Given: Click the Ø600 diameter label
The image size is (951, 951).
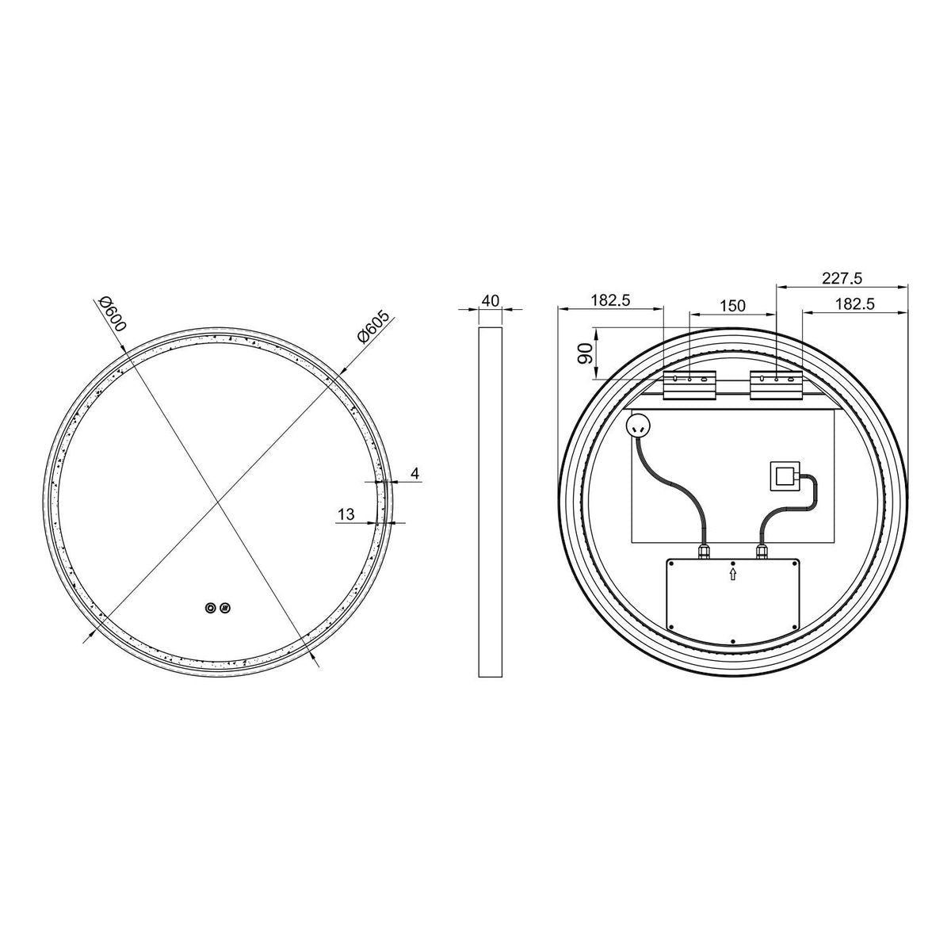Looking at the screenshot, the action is click(x=113, y=313).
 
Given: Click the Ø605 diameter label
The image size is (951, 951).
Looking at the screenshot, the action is click(x=373, y=327).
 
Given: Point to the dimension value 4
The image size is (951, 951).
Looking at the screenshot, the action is click(x=414, y=473).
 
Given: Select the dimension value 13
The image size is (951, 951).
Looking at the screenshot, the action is click(x=346, y=514).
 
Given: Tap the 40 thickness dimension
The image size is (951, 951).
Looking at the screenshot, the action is click(x=490, y=300).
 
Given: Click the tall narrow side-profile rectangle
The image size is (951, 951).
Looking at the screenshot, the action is click(x=490, y=502).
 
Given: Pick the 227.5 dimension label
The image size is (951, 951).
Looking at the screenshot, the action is click(x=842, y=278).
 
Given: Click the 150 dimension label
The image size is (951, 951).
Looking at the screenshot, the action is click(x=732, y=305).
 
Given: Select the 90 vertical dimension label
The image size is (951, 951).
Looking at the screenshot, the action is click(x=586, y=353).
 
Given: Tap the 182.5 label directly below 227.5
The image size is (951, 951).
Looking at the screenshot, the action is click(x=854, y=304).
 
